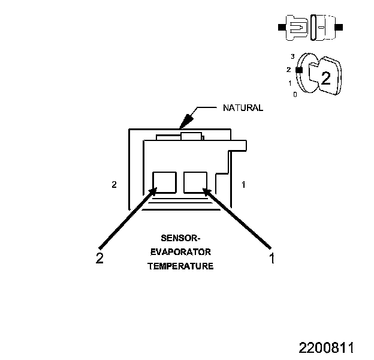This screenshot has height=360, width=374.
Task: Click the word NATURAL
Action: tap(243, 108)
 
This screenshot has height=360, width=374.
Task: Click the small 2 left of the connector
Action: tap(114, 184)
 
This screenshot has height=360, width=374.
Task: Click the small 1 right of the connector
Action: tap(243, 184)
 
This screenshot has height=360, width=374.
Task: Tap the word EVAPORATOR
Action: tap(180, 251)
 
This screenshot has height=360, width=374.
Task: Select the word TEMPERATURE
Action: tap(180, 266)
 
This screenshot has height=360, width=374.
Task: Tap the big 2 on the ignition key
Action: tap(325, 77)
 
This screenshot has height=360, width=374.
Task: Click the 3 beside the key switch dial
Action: tap(292, 56)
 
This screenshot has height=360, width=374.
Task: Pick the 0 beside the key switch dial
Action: tap(295, 94)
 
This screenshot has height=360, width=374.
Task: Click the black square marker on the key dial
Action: tap(300, 70)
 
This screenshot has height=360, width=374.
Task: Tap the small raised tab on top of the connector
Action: tap(192, 137)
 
